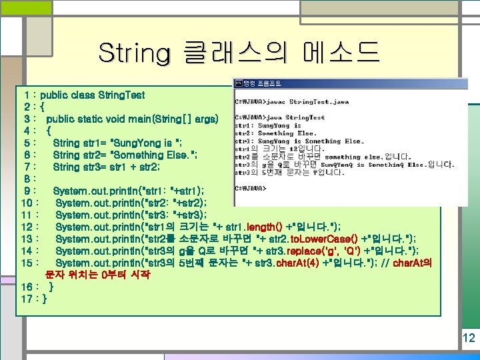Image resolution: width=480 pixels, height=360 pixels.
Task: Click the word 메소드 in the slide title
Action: coord(340,51)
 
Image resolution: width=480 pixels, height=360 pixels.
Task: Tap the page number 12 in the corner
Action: coord(468,338)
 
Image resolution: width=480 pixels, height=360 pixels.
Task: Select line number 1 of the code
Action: coord(25,95)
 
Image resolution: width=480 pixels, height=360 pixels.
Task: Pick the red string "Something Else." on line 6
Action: coord(150,155)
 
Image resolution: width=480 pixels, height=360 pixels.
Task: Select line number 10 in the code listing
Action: coord(28,203)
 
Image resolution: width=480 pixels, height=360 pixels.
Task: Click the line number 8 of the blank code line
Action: coord(25,179)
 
